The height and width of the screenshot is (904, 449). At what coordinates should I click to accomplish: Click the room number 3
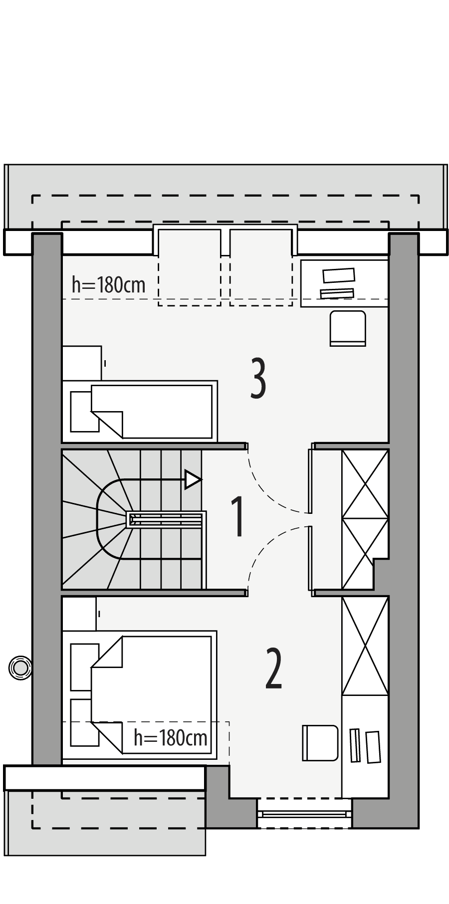(x=257, y=379)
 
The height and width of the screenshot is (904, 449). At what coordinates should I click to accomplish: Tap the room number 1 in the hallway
(x=238, y=517)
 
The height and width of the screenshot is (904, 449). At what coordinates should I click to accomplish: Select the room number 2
(x=274, y=669)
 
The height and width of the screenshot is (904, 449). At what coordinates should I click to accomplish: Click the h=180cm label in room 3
(x=108, y=285)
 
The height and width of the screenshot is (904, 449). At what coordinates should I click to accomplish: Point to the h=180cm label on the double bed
(x=170, y=737)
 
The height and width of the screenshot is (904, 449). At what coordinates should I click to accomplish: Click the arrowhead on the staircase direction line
(x=193, y=479)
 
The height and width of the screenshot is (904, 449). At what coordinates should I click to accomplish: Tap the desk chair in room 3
(x=348, y=327)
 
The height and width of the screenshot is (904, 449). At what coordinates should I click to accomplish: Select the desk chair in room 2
(x=320, y=743)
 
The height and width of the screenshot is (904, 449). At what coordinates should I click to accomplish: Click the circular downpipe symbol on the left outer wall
(x=20, y=668)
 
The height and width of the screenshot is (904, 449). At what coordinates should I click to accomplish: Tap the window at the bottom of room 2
(x=304, y=814)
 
